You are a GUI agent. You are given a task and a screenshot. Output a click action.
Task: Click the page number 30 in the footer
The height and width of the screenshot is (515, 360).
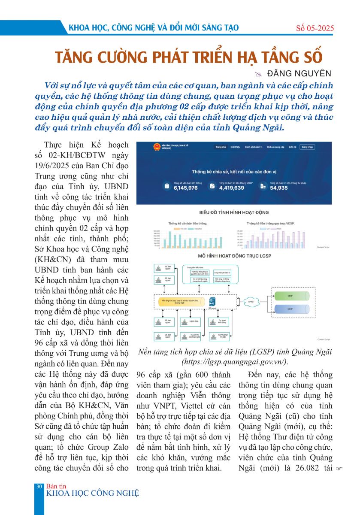click(x=39, y=486)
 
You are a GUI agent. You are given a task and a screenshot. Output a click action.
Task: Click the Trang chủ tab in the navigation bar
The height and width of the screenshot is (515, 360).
click(x=221, y=147)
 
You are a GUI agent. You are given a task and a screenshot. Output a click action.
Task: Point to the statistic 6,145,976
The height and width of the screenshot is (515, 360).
click(x=186, y=188)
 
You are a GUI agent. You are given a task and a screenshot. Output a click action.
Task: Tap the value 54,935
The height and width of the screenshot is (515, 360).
click(x=279, y=188)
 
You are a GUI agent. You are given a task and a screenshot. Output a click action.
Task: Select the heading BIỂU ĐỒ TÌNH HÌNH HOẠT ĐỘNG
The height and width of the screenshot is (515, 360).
click(x=234, y=212)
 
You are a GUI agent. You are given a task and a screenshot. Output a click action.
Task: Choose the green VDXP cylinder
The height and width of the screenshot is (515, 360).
click(x=291, y=296)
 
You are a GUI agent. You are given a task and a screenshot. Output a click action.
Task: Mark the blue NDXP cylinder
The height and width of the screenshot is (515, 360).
click(x=291, y=309)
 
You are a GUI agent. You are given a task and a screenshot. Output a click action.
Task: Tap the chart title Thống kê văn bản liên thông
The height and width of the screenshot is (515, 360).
click(x=188, y=224)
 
